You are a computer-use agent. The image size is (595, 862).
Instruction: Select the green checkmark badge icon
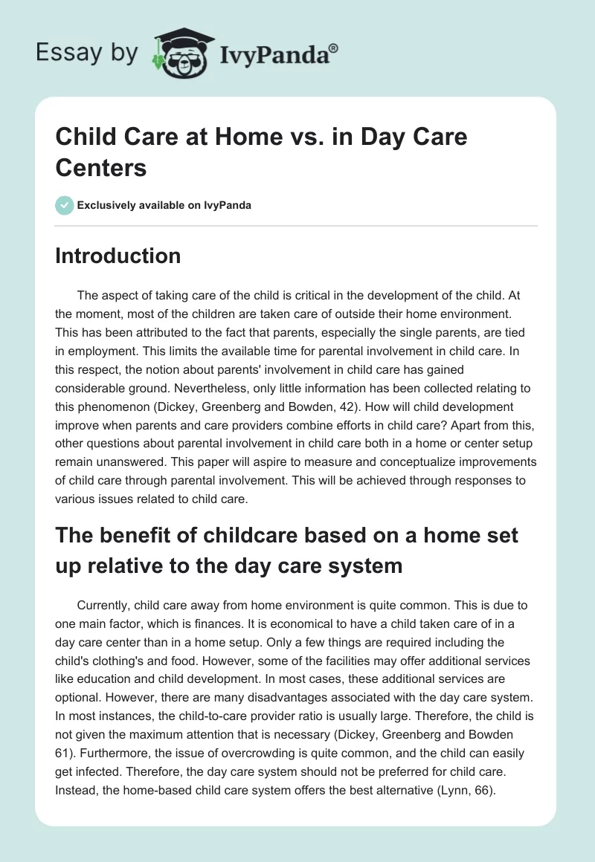point(65,205)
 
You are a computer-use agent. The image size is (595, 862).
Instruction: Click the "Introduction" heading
point(118,256)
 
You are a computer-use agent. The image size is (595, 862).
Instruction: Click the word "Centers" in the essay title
point(100,168)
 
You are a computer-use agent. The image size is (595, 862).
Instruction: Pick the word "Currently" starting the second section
point(103,606)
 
